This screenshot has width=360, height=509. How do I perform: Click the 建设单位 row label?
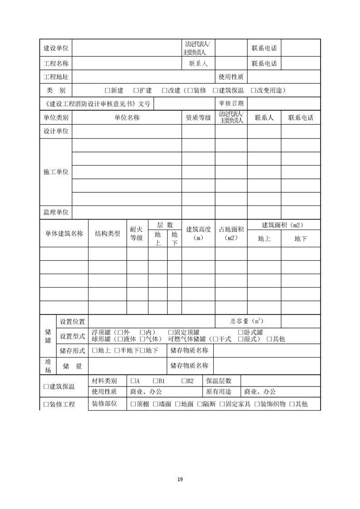click(56, 48)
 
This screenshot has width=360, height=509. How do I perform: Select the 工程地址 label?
click(56, 77)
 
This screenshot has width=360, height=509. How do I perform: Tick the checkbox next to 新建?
click(108, 90)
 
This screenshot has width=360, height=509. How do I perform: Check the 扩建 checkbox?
click(136, 90)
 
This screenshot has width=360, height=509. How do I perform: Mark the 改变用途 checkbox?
click(253, 90)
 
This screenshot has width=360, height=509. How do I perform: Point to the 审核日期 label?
click(231, 103)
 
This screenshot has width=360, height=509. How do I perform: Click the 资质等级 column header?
click(198, 118)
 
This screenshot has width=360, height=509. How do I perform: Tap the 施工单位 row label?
click(56, 172)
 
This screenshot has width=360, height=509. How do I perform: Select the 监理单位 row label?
click(56, 212)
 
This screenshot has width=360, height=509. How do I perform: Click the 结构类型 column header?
click(107, 234)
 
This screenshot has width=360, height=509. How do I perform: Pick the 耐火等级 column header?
click(137, 234)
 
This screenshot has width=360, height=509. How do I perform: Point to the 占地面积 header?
click(231, 234)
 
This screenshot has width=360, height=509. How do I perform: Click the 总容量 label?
click(246, 321)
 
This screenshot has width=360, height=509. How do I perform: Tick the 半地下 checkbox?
click(117, 350)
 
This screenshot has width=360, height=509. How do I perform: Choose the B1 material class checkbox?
click(156, 381)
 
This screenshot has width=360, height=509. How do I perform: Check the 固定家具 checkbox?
click(222, 404)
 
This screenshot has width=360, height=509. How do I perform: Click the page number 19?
click(180, 479)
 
